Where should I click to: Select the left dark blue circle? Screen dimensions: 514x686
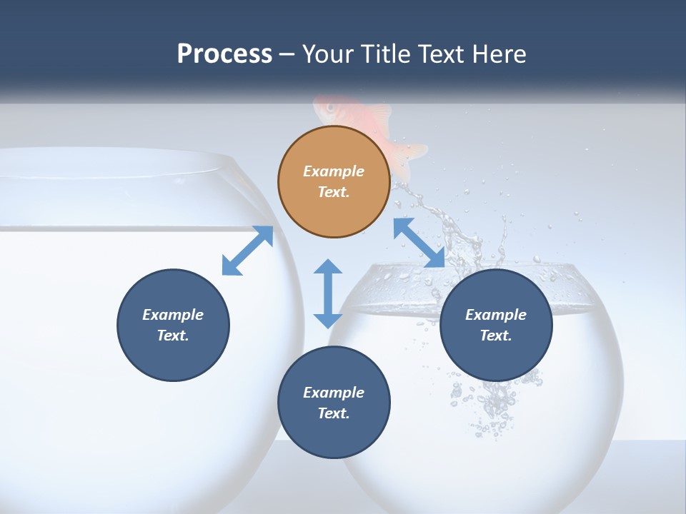coord(173,325)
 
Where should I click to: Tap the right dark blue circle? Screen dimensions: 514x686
coord(496,325)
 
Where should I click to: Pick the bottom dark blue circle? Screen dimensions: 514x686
coord(334,403)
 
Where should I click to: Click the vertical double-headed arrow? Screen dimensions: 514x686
coord(328,293)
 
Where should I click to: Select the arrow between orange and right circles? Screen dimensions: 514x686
coord(419,243)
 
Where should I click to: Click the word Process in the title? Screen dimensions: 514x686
coord(224,54)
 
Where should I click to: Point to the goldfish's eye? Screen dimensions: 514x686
coord(330,108)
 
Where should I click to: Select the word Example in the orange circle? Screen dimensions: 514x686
coord(334,171)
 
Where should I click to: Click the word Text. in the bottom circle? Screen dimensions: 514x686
coord(334,413)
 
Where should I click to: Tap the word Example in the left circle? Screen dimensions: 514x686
coord(173,315)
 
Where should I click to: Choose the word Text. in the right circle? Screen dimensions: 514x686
coord(496,336)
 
